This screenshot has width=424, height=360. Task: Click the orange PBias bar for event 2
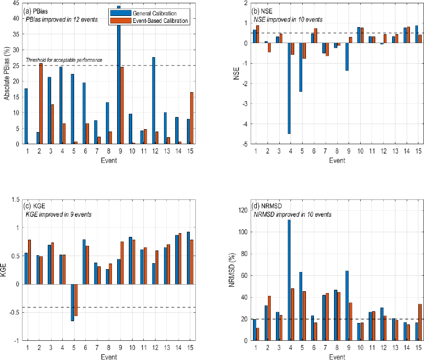tap(41, 103)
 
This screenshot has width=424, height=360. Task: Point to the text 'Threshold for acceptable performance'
tap(64, 60)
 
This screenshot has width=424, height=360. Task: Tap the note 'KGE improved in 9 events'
tap(59, 214)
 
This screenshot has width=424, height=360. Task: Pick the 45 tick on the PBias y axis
tap(16, 3)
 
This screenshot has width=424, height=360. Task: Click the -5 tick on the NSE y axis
tap(245, 144)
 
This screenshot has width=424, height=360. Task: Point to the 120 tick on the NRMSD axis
tap(242, 210)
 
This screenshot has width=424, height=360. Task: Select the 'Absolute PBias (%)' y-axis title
tap(7, 73)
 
